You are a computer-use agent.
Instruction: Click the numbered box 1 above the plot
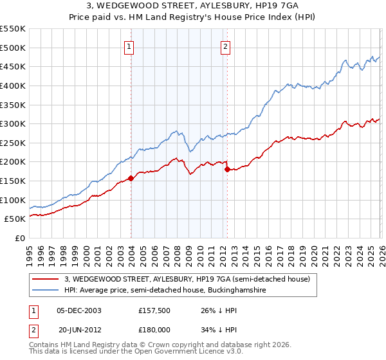point(129,46)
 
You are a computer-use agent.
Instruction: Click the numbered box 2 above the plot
point(226,46)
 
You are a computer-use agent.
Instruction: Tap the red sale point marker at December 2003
point(131,178)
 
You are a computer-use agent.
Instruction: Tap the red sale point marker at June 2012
point(227,170)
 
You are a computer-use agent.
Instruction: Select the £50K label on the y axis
point(15,219)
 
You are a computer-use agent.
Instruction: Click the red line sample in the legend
point(46,279)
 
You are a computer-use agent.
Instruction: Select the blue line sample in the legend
point(46,291)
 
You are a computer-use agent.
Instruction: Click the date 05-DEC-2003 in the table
point(78,310)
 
